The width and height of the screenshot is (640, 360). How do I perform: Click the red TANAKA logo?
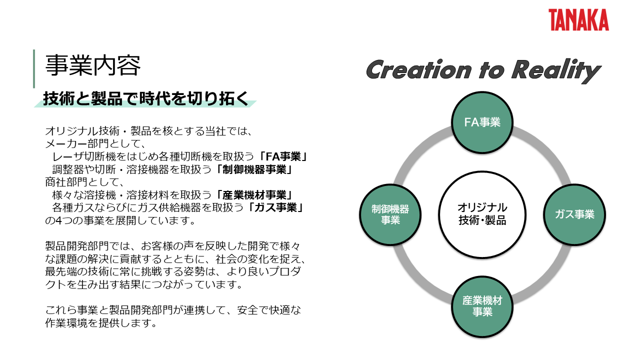pos(578,20)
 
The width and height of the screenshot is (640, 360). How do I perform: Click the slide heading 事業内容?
pos(92,65)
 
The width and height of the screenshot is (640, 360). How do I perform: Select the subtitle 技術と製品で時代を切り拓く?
pos(145,98)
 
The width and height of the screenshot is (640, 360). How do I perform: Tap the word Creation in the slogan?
pos(418,70)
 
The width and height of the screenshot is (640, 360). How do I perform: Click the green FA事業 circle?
pos(482,122)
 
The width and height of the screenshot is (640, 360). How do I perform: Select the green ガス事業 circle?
pos(574,215)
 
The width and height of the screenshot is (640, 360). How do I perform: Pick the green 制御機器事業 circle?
pos(390,215)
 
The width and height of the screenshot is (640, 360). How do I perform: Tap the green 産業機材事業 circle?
pos(482,306)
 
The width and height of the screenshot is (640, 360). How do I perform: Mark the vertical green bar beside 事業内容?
pos(34,68)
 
